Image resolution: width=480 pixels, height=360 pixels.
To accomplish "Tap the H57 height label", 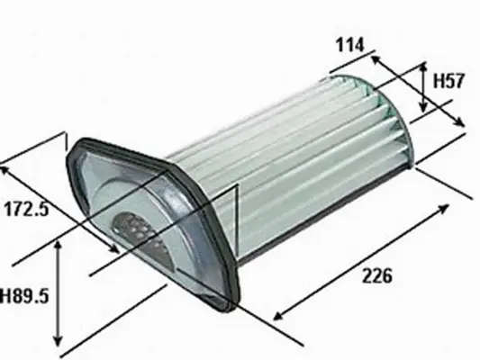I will coord(448,81).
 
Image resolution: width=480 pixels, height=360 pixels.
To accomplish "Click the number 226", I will coord(376,276).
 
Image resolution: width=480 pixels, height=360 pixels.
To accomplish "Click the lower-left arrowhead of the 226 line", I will coord(275,317).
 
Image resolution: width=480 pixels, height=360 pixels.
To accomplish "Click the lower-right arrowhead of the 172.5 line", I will coord(118,249).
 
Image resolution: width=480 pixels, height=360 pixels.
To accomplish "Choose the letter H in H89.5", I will coord(6,294).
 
